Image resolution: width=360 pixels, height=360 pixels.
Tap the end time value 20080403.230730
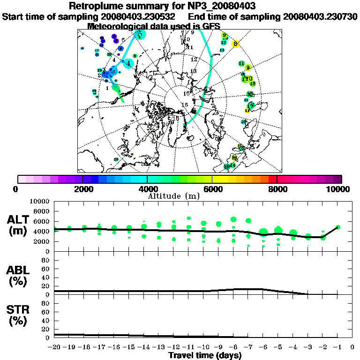320,16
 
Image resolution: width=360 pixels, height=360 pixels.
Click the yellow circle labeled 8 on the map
236,44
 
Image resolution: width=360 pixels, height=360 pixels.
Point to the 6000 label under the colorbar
212,189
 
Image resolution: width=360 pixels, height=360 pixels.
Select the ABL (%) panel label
19,275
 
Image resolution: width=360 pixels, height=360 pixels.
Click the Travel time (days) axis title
205,355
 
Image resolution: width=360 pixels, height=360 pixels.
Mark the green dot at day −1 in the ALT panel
337,227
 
